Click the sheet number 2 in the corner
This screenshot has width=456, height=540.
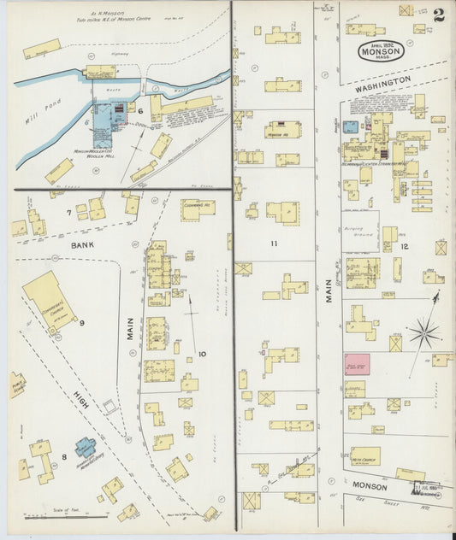click(x=438, y=15)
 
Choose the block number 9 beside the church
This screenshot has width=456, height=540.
click(x=82, y=322)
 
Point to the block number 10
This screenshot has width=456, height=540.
click(x=202, y=353)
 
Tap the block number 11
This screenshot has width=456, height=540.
click(x=274, y=244)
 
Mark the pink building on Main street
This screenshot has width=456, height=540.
click(x=357, y=364)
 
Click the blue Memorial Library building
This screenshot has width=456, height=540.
click(x=86, y=447)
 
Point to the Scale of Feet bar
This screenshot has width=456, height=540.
click(x=64, y=516)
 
